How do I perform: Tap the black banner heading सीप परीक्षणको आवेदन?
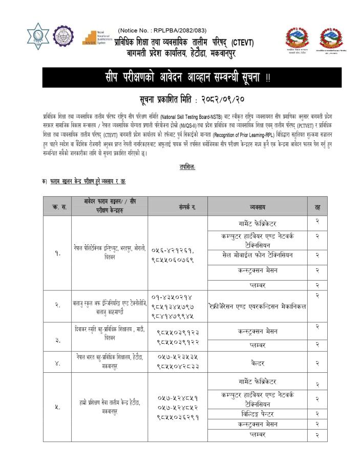[177, 78]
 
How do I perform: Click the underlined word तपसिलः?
[187, 167]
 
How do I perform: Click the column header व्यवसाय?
[259, 206]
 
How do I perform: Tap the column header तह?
[317, 206]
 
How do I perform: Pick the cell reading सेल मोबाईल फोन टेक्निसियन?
[259, 255]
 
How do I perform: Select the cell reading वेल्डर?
[259, 363]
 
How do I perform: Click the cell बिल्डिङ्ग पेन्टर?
[259, 413]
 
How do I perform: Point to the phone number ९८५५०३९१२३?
[178, 332]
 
